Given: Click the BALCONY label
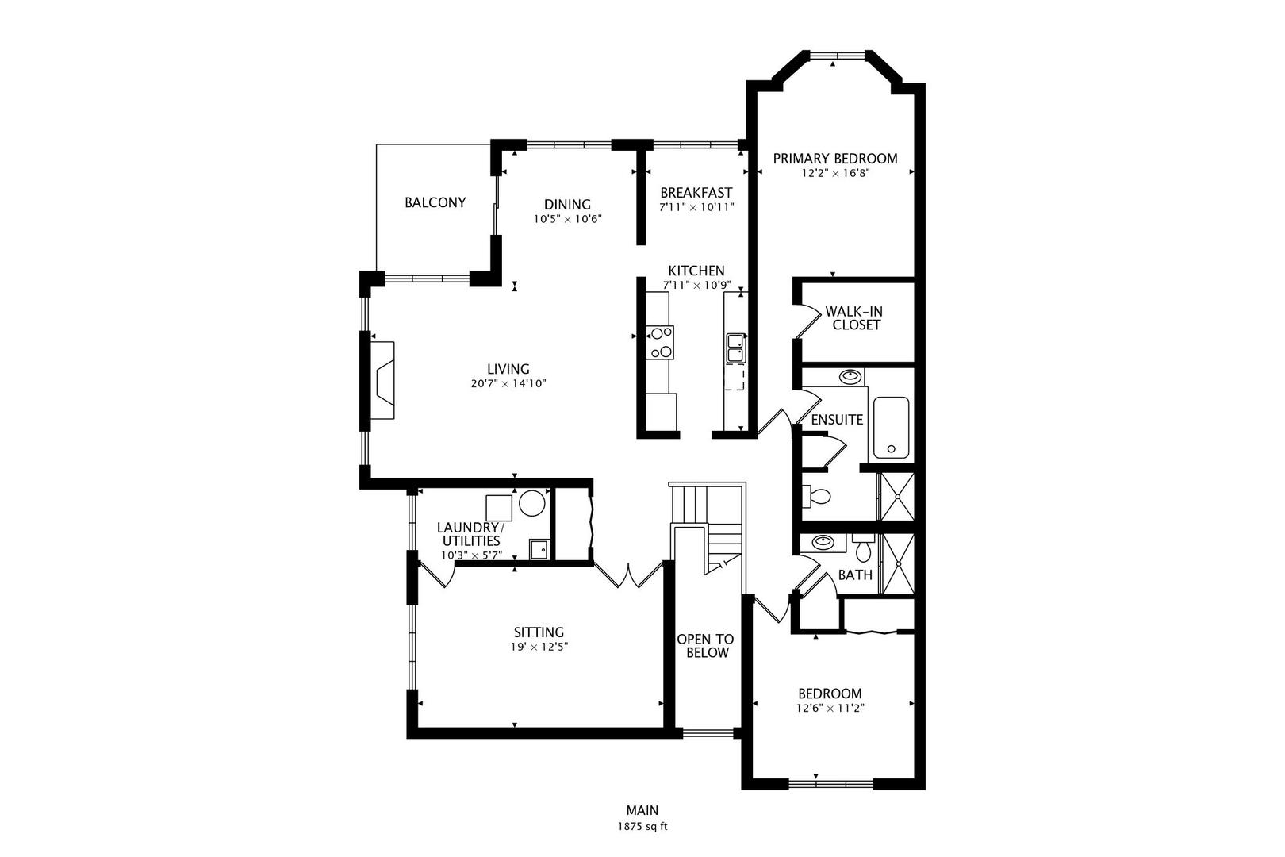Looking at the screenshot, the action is click(x=435, y=202).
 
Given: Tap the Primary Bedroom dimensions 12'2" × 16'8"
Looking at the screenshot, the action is click(x=835, y=173).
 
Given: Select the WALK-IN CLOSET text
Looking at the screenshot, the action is click(x=854, y=318).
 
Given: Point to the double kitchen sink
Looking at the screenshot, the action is click(x=735, y=348).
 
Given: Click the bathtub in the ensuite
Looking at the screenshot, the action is click(x=891, y=428).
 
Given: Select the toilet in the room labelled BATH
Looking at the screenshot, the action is click(x=863, y=548).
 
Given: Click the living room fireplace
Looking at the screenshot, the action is click(x=382, y=380).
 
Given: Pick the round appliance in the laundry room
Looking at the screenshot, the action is click(x=531, y=503).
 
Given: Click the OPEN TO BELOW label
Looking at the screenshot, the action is click(x=706, y=646).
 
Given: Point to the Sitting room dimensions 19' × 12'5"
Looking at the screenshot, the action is click(x=539, y=647).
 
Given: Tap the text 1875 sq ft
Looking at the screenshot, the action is click(x=642, y=827).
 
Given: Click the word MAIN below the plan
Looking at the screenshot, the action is click(x=642, y=810).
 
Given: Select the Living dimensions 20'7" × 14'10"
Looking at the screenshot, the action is click(x=508, y=383).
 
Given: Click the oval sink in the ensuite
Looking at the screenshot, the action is click(x=850, y=377).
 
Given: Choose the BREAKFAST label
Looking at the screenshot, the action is click(x=696, y=192).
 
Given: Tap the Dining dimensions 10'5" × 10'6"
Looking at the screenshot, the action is click(x=567, y=219).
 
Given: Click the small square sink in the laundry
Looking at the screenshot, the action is click(x=539, y=550).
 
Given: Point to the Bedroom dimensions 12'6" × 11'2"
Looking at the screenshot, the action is click(x=830, y=709).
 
